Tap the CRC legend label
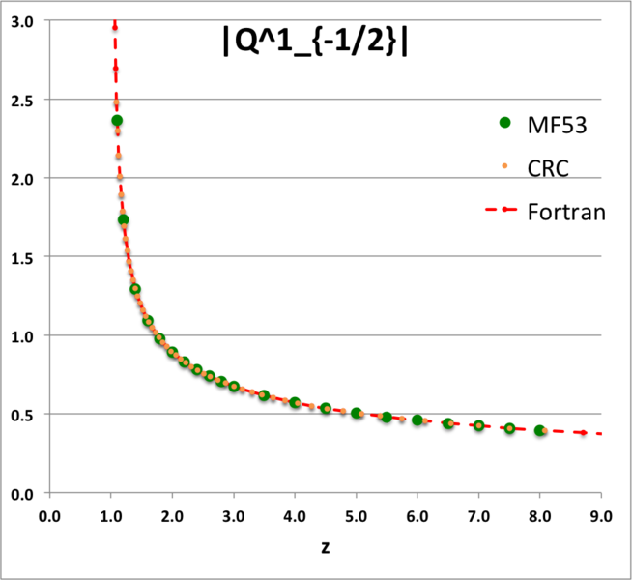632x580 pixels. tap(547, 168)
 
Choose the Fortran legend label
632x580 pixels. tap(566, 212)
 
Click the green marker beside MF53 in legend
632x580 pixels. tap(503, 124)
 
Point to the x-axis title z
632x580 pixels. tap(326, 546)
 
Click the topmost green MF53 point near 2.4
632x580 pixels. tap(117, 121)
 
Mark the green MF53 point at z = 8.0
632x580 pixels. tap(540, 431)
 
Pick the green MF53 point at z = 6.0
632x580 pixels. tap(417, 420)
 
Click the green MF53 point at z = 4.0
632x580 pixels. tap(295, 403)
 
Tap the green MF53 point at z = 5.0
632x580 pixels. tap(357, 413)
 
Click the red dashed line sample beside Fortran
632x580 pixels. tap(503, 212)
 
